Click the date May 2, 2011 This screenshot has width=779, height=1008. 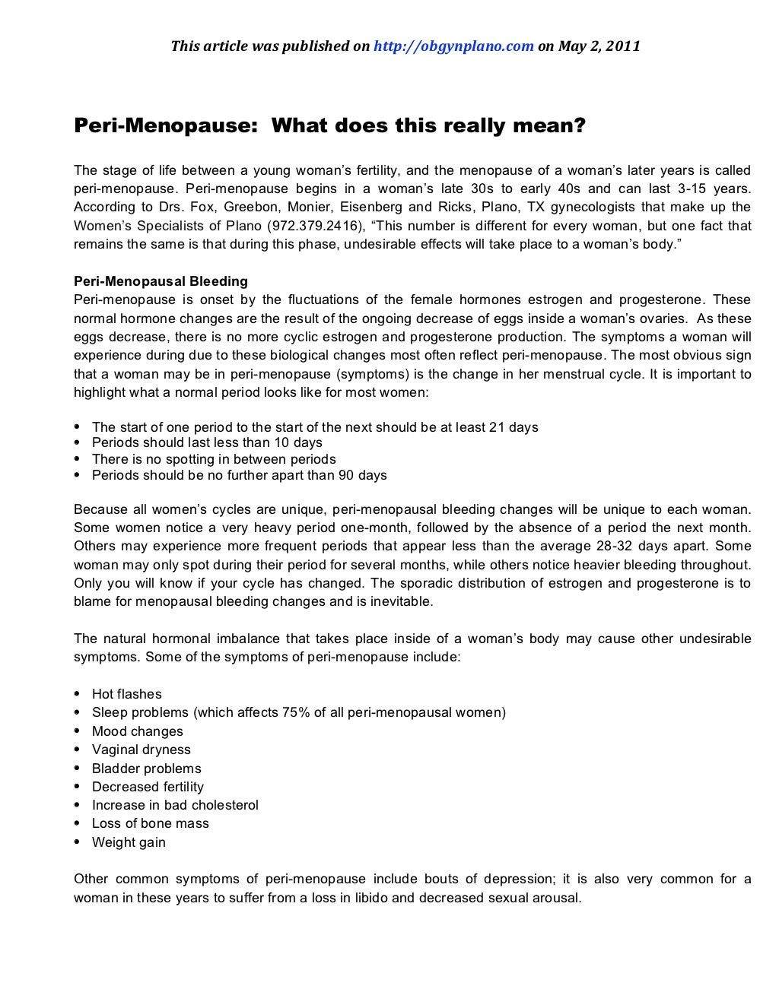(599, 46)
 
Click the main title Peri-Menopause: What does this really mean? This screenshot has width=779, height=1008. (329, 125)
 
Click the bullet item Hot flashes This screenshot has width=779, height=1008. (126, 694)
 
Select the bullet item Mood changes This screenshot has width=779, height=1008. (137, 731)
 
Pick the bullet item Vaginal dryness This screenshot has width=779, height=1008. (141, 750)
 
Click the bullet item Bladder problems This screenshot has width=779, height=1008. (146, 769)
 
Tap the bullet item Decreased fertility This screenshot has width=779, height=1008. (148, 787)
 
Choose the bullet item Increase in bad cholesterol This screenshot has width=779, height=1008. (175, 805)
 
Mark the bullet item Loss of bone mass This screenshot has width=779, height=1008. (150, 823)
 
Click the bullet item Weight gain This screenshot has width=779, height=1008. (129, 842)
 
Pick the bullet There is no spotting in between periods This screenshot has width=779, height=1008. (214, 459)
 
